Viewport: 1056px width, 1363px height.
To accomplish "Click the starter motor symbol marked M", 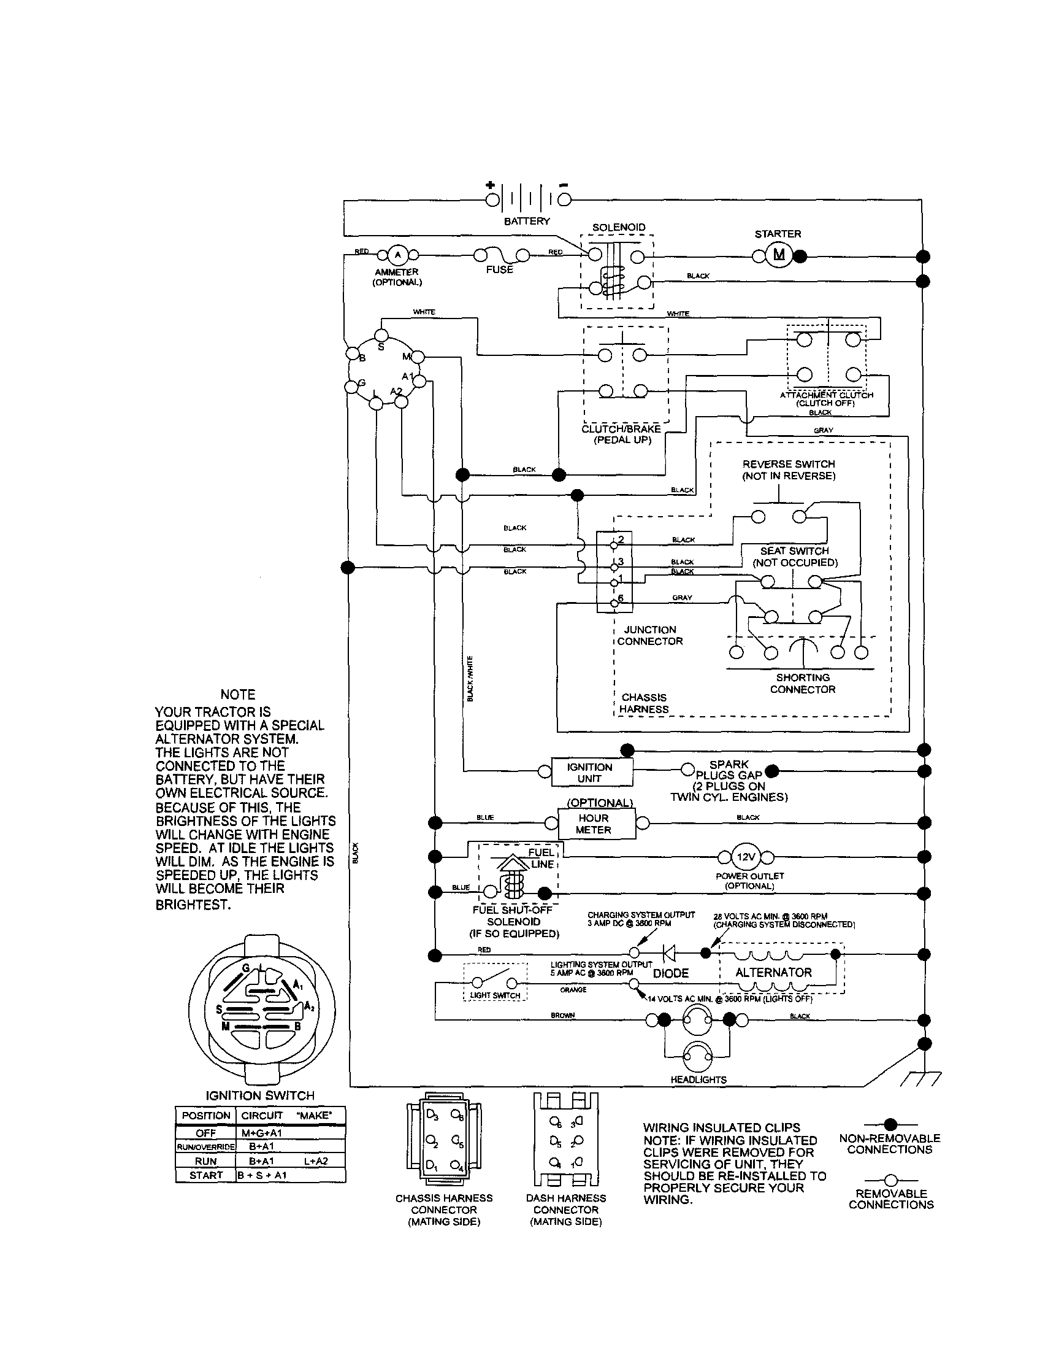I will [x=778, y=255].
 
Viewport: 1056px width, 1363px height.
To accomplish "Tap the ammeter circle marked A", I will [x=397, y=255].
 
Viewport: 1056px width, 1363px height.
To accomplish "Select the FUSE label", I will [x=499, y=269].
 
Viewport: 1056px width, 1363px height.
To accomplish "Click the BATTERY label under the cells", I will [x=526, y=221].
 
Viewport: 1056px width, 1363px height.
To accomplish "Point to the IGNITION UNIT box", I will [x=589, y=773].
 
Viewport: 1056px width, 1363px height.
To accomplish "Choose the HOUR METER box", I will [x=593, y=824].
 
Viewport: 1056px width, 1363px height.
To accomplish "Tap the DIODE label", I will [x=670, y=973].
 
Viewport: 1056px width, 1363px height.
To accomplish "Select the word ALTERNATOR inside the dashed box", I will [x=773, y=972].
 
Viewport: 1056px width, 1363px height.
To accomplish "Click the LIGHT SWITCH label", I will [x=495, y=995].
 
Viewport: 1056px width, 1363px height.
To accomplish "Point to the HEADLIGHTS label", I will [x=698, y=1079].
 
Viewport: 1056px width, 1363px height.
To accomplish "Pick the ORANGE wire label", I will [x=573, y=990].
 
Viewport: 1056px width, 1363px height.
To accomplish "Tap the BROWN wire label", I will [x=562, y=1016].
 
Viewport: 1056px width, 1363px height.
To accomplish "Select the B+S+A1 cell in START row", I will [x=262, y=1175].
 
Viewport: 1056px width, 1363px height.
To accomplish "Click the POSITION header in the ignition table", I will [x=206, y=1115].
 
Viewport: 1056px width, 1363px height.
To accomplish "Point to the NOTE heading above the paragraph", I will [x=238, y=695].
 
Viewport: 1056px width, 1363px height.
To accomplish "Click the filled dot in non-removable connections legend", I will [x=890, y=1124].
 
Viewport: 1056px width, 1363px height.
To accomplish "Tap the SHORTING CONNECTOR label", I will [x=802, y=684].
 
